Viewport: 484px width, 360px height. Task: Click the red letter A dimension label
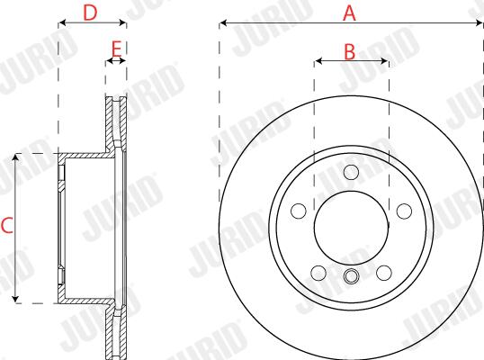point(349,13)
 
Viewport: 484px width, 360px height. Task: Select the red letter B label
point(350,52)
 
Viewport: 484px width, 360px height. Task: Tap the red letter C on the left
point(7,225)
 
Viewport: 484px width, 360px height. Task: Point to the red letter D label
point(90,13)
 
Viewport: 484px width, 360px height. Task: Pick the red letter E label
point(116,49)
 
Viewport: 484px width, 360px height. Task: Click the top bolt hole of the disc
point(351,172)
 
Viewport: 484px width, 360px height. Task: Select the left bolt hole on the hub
point(299,211)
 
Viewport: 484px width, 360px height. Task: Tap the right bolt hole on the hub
point(404,211)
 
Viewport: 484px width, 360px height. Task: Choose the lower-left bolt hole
point(318,273)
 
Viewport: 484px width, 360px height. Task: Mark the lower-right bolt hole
point(384,273)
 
